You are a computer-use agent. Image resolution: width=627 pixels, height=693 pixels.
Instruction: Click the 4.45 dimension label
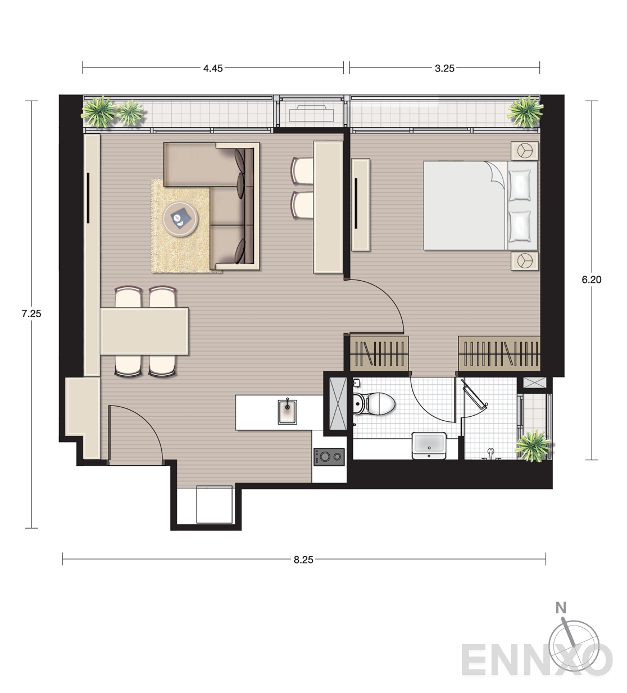tap(213, 69)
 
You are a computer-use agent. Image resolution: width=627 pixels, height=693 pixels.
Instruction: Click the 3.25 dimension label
tap(444, 69)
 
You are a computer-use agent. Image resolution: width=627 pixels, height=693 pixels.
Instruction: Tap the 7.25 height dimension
tap(31, 314)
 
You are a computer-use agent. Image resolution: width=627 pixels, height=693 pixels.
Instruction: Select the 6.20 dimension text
tap(592, 280)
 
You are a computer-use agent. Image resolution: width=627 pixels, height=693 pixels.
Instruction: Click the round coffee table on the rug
tap(180, 219)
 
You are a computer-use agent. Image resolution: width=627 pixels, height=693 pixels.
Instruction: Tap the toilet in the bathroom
tap(374, 404)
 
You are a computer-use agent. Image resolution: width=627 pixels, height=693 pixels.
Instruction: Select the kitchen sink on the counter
tap(288, 412)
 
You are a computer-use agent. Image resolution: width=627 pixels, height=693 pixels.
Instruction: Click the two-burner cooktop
tap(329, 457)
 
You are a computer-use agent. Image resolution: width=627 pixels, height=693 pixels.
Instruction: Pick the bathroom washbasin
tap(429, 446)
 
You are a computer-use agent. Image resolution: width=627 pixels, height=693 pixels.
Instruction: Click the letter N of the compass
tap(561, 607)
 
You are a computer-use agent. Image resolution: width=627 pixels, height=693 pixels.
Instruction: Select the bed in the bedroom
tap(480, 205)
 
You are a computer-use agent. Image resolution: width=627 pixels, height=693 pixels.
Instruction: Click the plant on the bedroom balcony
tap(525, 111)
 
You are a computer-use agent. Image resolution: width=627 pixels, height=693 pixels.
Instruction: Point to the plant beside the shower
tap(533, 446)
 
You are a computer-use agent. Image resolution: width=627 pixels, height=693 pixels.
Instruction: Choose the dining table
tap(144, 331)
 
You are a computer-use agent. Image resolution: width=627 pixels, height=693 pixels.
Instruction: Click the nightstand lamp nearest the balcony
tap(525, 151)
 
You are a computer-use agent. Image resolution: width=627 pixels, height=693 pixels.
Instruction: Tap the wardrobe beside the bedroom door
tap(380, 354)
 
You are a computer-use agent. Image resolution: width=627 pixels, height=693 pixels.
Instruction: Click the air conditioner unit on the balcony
tap(312, 113)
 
